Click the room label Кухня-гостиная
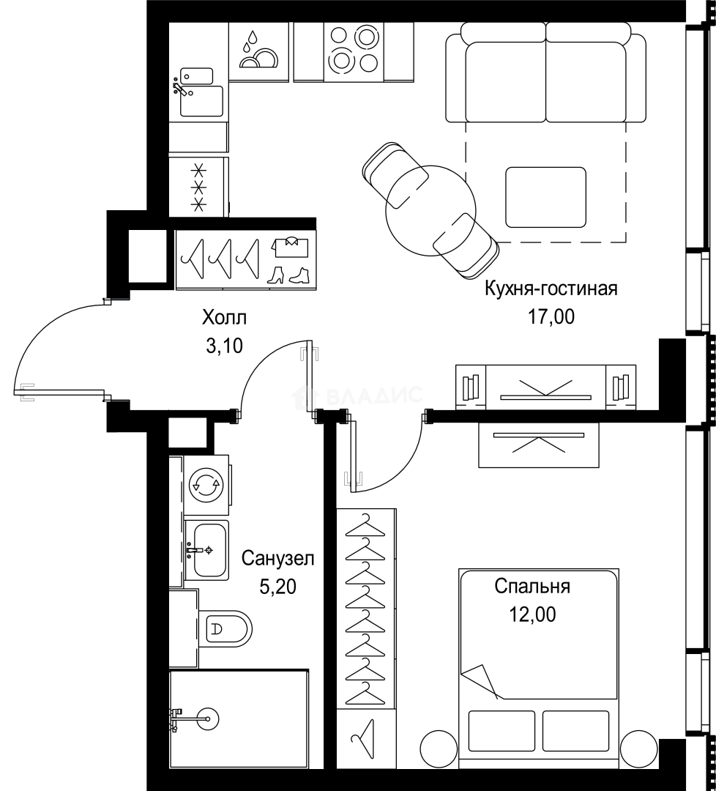(551, 289)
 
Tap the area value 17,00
(551, 317)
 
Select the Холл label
(224, 319)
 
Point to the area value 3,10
(224, 346)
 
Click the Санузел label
(277, 558)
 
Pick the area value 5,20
(277, 586)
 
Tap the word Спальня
(532, 587)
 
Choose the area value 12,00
(532, 614)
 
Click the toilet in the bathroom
(225, 628)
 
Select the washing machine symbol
(206, 485)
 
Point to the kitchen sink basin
(201, 101)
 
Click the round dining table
(430, 211)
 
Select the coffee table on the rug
(546, 198)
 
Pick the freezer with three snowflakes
(198, 187)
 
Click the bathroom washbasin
(206, 550)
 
